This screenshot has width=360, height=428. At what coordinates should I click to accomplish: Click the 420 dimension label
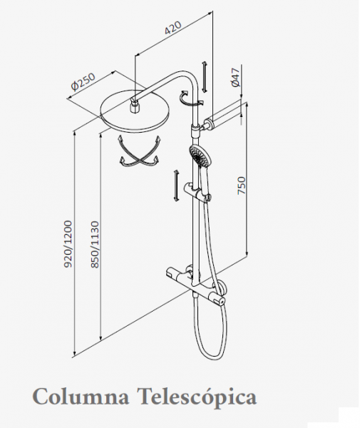tap(173, 28)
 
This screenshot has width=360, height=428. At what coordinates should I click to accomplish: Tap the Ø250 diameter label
tap(83, 81)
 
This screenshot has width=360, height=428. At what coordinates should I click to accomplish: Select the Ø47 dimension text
tap(235, 77)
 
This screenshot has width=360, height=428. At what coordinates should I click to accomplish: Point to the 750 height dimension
tap(242, 185)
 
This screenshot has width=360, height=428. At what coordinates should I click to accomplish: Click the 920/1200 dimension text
tap(68, 244)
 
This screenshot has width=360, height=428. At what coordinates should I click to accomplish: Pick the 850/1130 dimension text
tap(95, 244)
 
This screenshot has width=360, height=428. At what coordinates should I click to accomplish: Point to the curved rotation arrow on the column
tap(190, 98)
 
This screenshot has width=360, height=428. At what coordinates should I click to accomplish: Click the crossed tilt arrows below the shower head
tap(139, 152)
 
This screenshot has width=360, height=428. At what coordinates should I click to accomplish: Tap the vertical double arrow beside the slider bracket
tap(176, 186)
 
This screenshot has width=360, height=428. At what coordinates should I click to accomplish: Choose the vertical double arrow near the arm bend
tap(205, 77)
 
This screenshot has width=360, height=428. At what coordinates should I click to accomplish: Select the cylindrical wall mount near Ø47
tap(222, 114)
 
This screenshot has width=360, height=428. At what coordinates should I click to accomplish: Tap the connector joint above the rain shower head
tap(134, 104)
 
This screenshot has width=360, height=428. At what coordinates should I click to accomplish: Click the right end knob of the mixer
tap(220, 300)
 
